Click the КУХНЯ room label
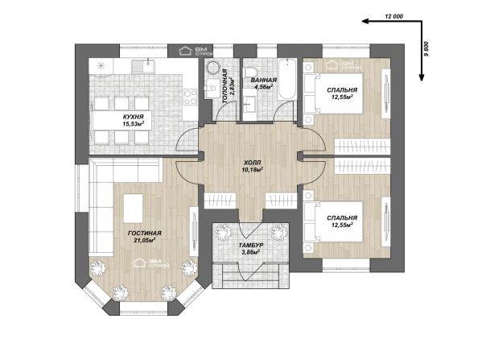[x=133, y=117]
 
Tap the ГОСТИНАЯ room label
[x=145, y=234]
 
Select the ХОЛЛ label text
[x=252, y=163]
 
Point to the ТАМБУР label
[x=251, y=245]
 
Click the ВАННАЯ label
[x=263, y=81]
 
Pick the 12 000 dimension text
[x=393, y=17]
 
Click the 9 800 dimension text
[x=426, y=48]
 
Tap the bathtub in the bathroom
[x=286, y=79]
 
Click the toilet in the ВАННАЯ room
[x=250, y=72]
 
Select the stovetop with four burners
[x=190, y=97]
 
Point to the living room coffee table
[x=133, y=209]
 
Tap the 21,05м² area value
[x=144, y=240]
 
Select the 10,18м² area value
[x=252, y=169]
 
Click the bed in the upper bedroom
[x=333, y=93]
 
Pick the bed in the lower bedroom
[x=333, y=221]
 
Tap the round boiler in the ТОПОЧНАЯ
[x=212, y=68]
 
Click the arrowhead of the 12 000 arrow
[x=365, y=21]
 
